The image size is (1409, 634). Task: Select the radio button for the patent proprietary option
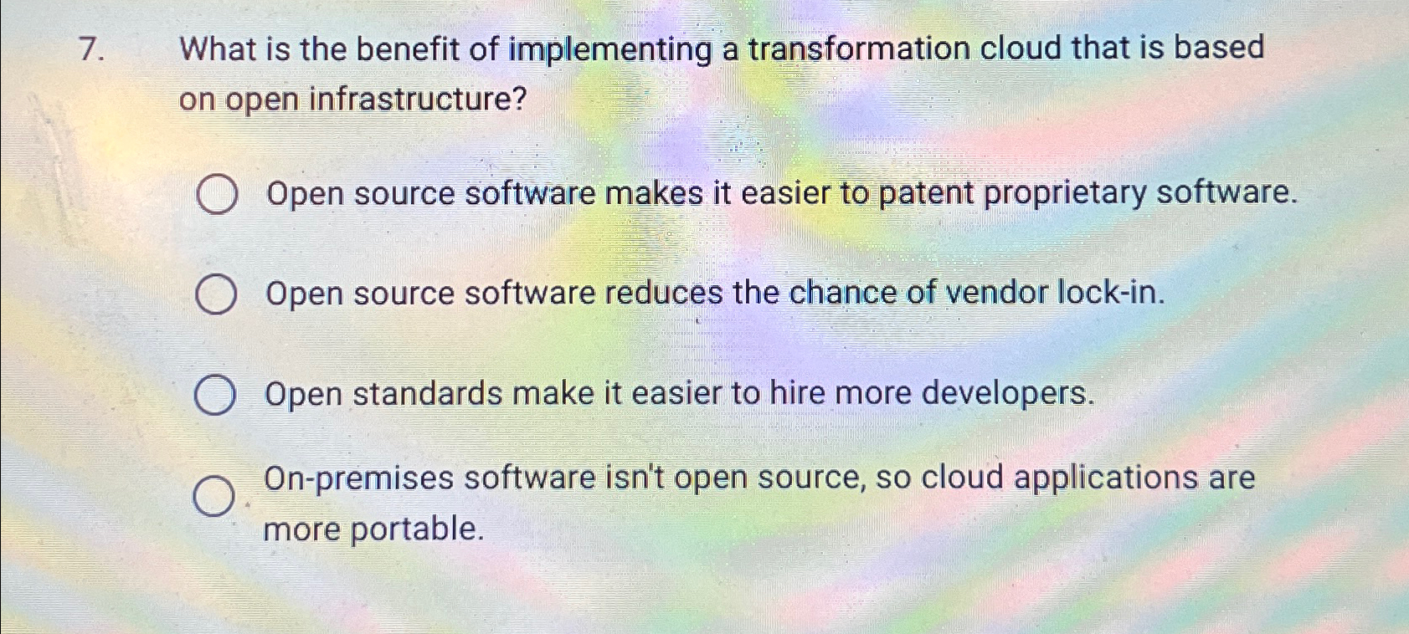pos(217,196)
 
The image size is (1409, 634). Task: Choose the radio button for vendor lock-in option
pos(215,296)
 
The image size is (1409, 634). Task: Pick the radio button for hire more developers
pos(214,396)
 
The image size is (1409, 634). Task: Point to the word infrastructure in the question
pos(418,100)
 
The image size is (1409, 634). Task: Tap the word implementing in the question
pos(610,50)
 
